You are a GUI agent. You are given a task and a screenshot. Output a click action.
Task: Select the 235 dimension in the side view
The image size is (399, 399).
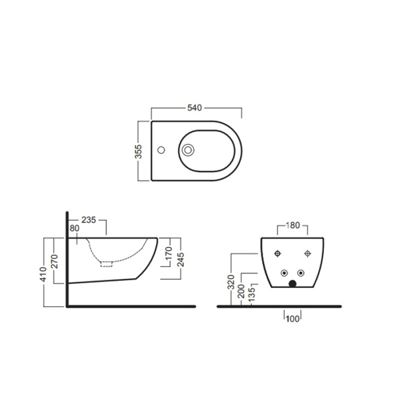[x=88, y=219]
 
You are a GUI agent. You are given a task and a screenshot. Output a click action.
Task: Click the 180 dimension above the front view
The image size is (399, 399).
[x=292, y=225]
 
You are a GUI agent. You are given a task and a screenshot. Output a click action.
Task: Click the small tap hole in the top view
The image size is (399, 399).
[x=161, y=151]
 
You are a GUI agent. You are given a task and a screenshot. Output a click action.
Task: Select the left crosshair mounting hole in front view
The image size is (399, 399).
[x=278, y=253]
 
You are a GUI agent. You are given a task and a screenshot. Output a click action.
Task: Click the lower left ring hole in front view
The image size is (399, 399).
[x=284, y=272]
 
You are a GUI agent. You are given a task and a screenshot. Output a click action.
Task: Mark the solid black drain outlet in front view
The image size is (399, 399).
[x=293, y=282]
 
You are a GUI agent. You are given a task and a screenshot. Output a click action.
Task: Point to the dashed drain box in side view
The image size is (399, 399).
[x=107, y=264]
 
